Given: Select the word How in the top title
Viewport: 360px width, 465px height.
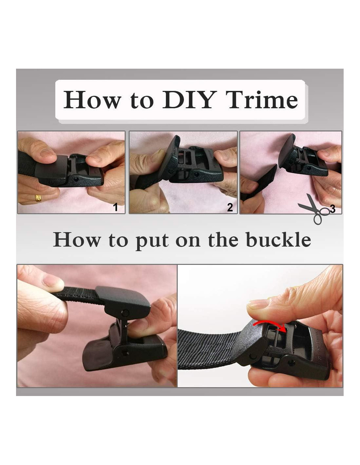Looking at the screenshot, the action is click(x=92, y=100).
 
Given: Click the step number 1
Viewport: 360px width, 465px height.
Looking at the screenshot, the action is click(x=116, y=207).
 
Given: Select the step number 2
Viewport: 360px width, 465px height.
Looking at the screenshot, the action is click(x=230, y=207).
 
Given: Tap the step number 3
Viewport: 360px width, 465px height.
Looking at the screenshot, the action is click(x=333, y=209).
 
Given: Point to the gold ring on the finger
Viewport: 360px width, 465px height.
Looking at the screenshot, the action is click(x=38, y=198).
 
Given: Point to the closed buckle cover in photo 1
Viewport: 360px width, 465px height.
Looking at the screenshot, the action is click(x=52, y=168).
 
